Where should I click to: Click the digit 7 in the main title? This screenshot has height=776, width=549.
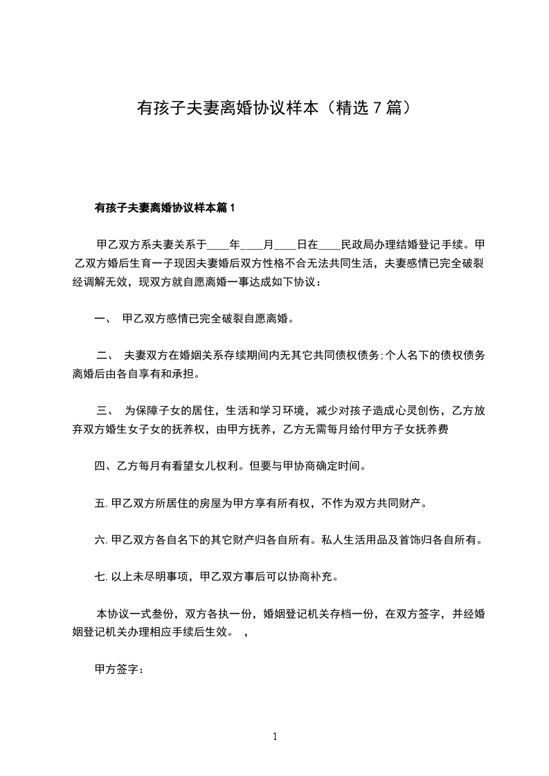[377, 108]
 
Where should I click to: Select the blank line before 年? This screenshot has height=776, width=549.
[217, 246]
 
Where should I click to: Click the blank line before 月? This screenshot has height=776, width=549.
[252, 246]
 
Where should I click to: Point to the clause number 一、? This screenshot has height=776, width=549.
[103, 319]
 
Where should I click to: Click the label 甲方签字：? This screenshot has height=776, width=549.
[118, 668]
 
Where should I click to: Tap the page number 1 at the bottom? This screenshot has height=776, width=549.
[275, 737]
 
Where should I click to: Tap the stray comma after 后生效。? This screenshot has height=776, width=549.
[246, 632]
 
